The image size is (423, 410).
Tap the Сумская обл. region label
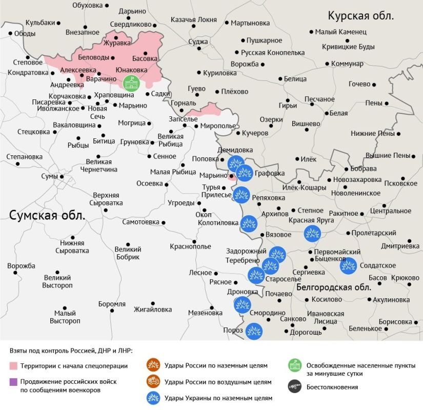coord(47,216)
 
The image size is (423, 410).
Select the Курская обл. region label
coord(360,15)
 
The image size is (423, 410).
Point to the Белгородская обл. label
coord(334,288)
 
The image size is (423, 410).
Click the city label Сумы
coord(49,176)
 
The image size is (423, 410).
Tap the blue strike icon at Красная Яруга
coord(312,233)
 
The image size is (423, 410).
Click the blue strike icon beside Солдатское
coord(348,265)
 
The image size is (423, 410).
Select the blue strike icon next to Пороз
coord(253,331)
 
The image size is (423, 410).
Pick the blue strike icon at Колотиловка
coord(249,223)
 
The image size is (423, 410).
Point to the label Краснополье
coord(190,247)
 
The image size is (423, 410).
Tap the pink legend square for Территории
coord(13,366)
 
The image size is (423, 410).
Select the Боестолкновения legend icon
coord(294,387)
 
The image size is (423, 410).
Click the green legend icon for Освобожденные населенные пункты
coord(294,365)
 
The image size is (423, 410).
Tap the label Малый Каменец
coord(341,32)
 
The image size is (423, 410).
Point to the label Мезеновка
coord(205,313)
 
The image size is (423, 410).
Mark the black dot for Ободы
coord(10,34)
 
